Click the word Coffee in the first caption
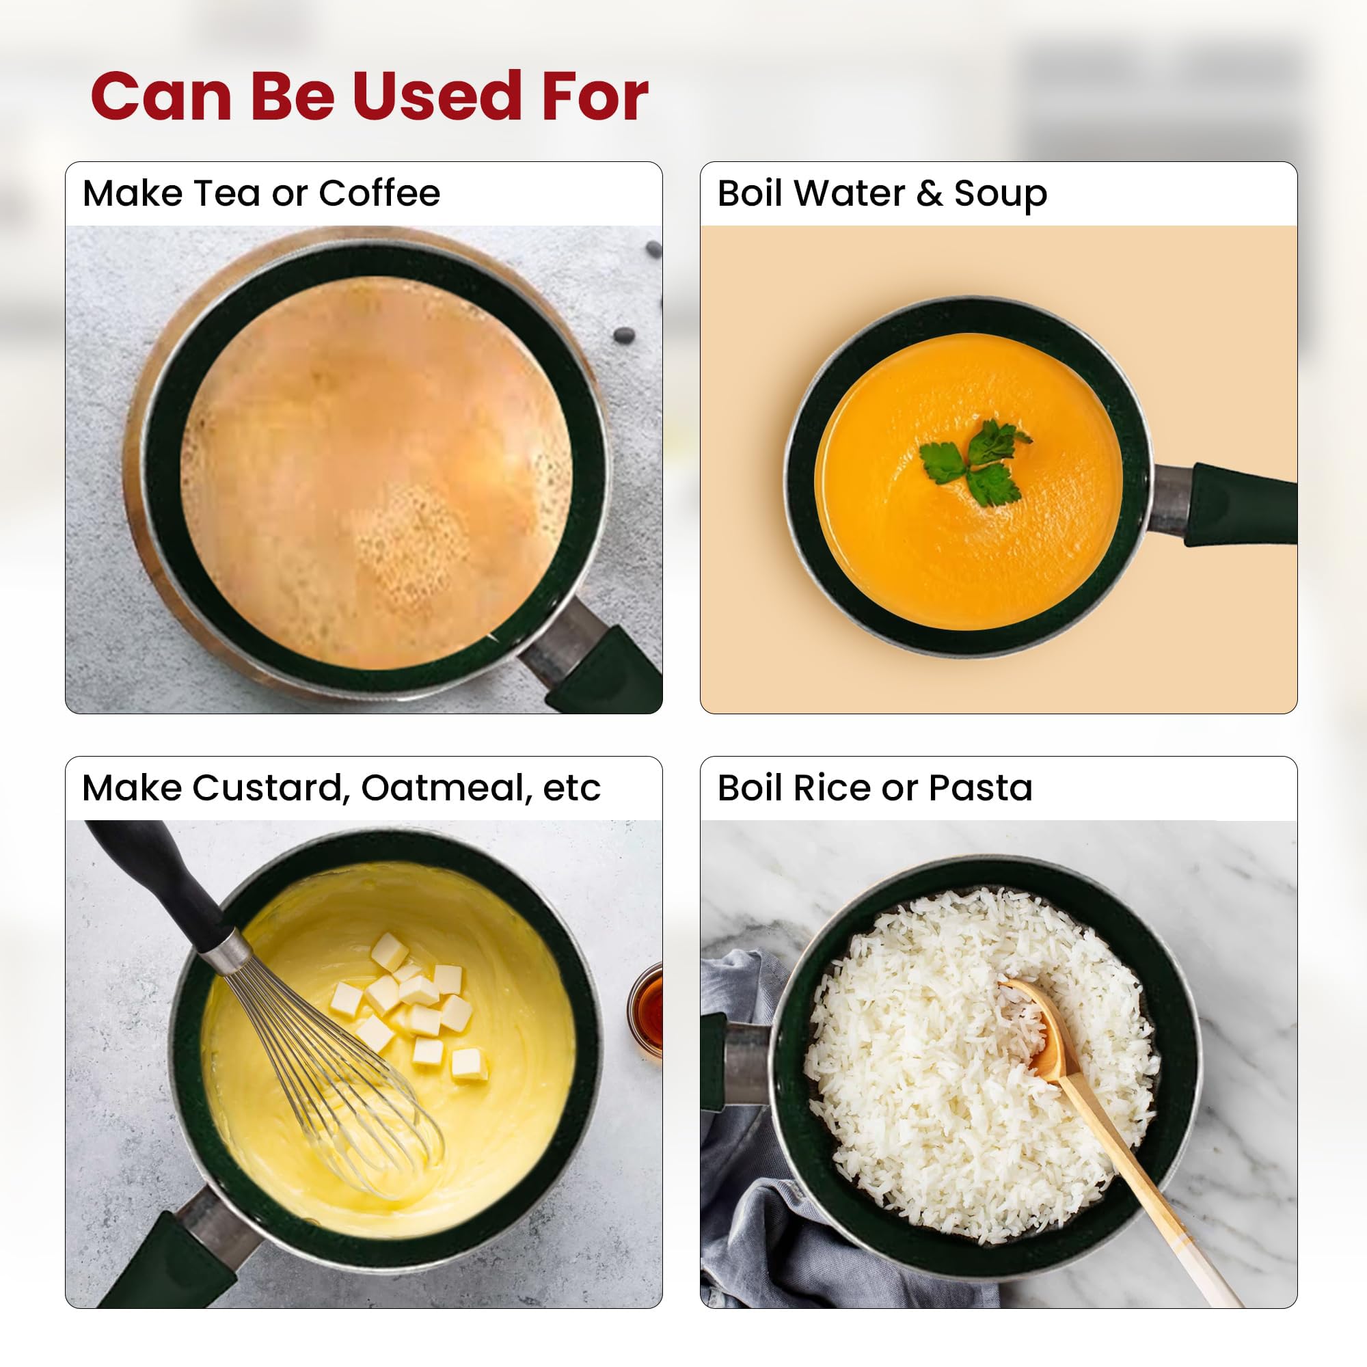tap(379, 193)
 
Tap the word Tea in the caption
tap(226, 193)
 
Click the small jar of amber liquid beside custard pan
tap(646, 1006)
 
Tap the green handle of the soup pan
tap(1239, 504)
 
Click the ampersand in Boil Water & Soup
tap(930, 194)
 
